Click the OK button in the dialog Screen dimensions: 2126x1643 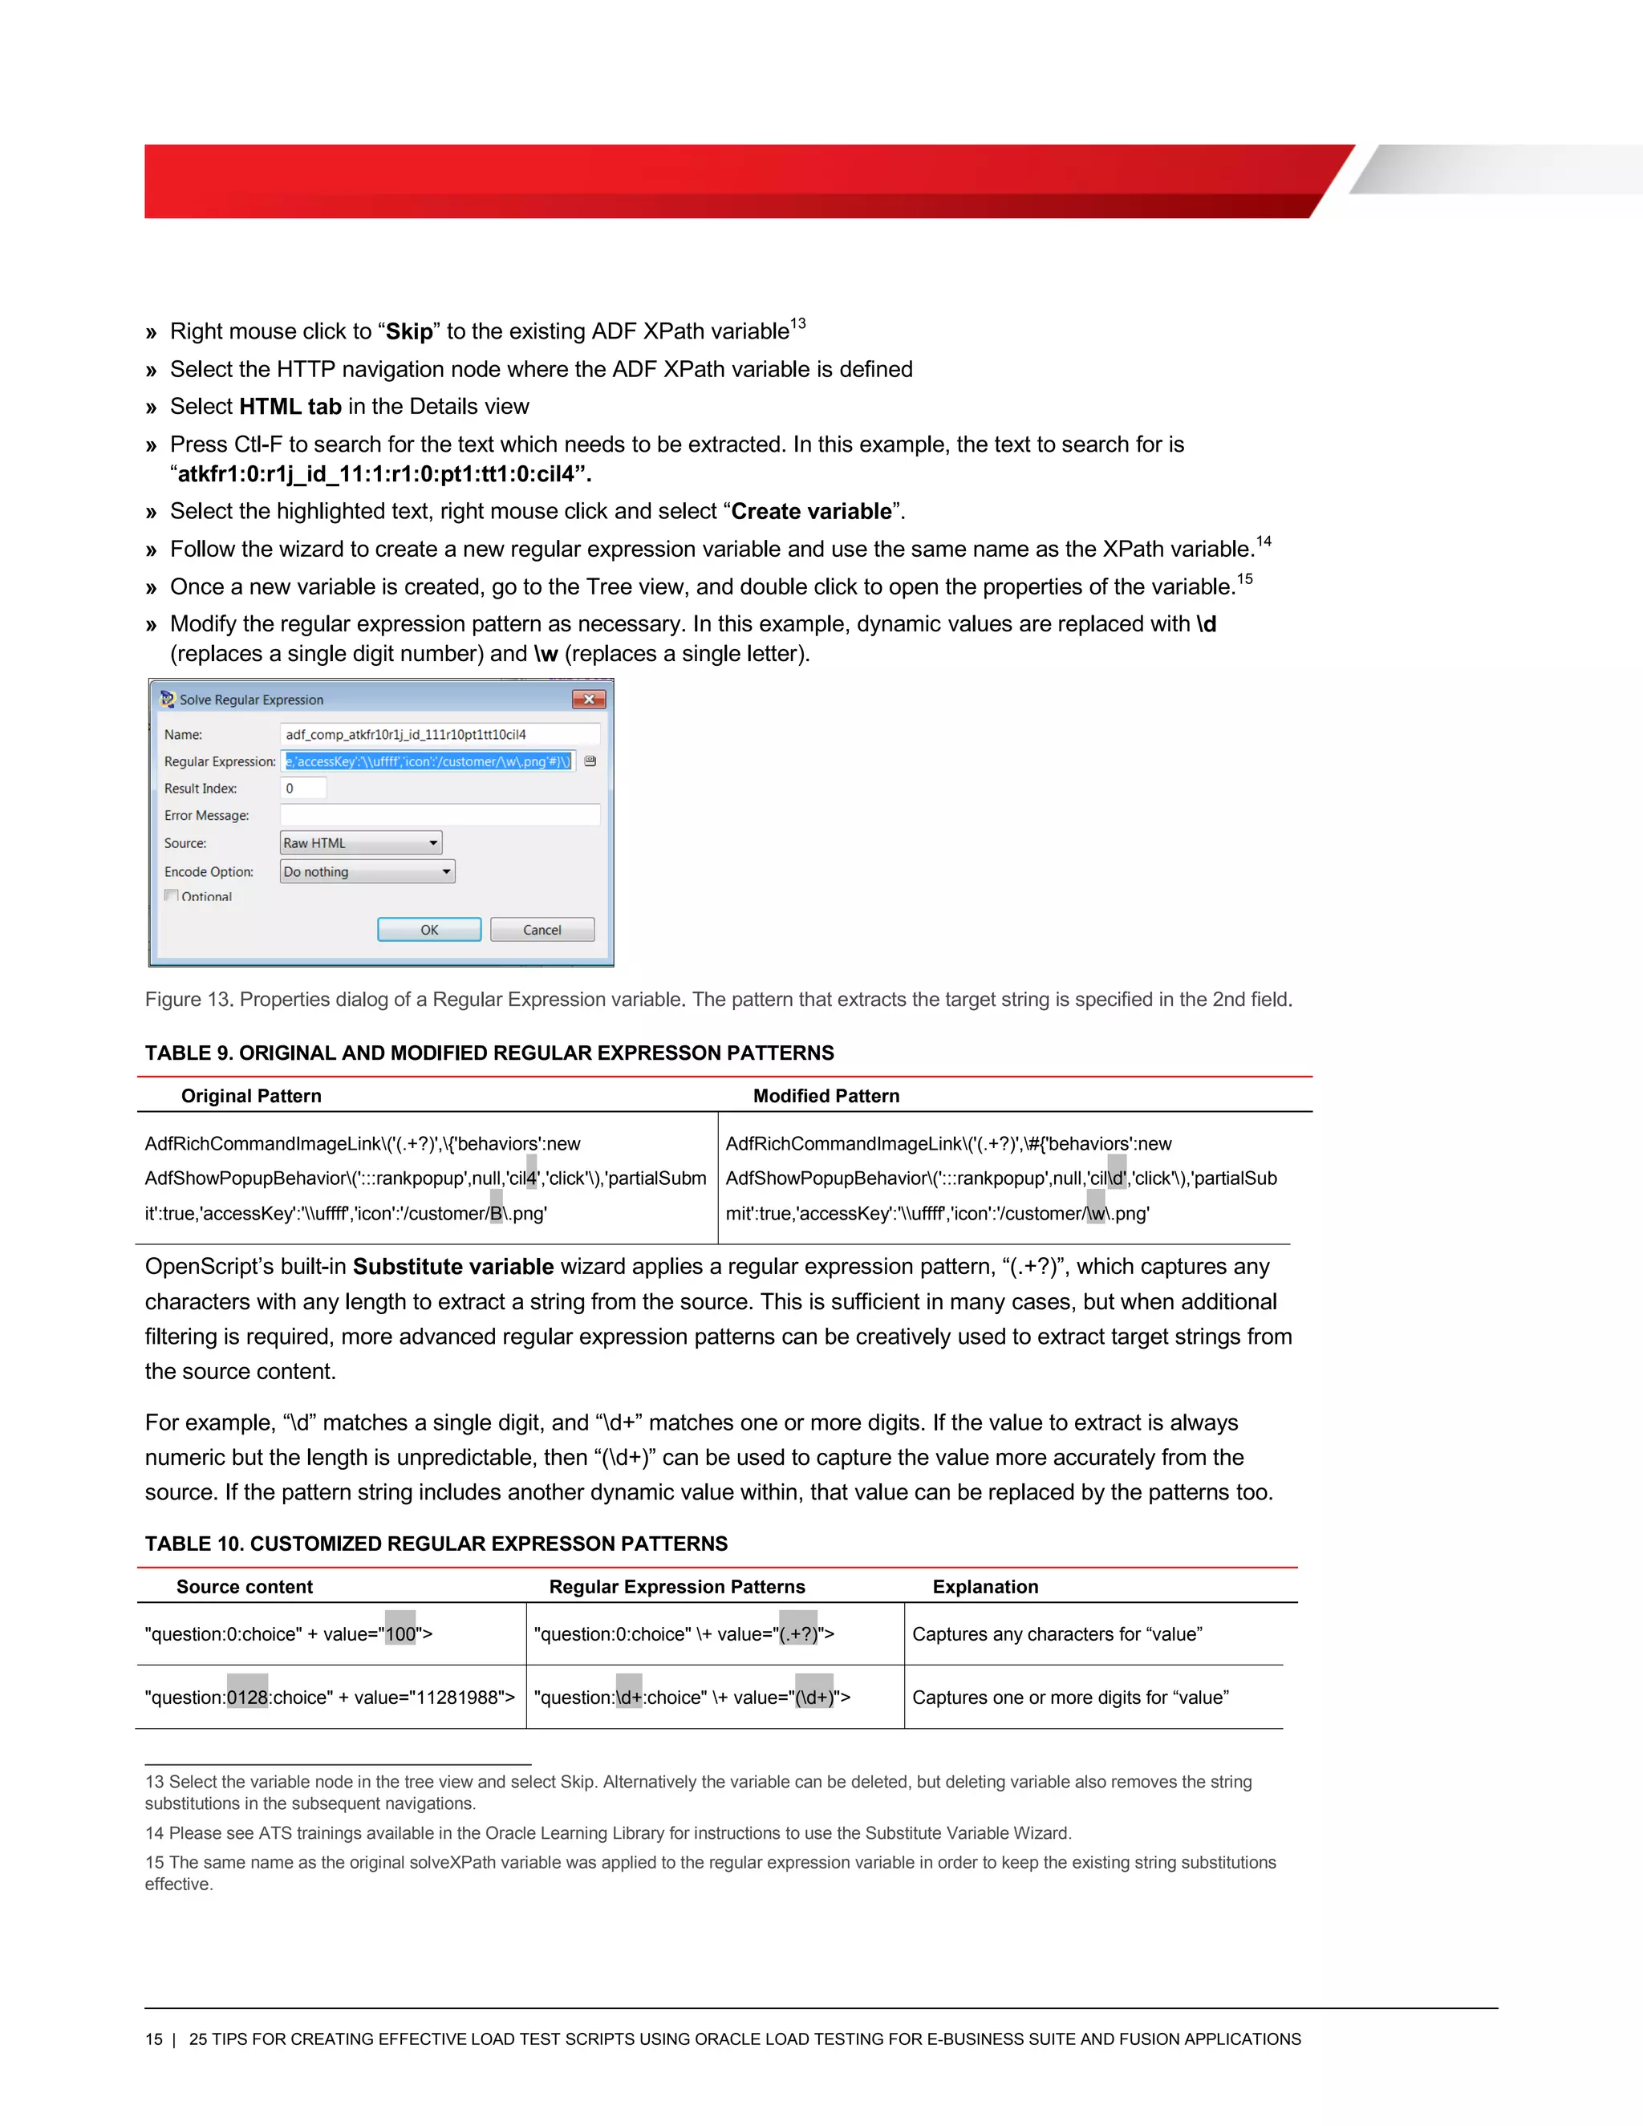point(429,930)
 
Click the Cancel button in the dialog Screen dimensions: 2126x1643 point(542,930)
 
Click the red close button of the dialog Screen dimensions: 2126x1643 point(588,699)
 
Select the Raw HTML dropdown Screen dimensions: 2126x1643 point(361,843)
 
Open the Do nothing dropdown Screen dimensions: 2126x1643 point(367,871)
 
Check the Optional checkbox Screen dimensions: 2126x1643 point(172,895)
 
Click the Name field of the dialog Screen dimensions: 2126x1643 point(439,734)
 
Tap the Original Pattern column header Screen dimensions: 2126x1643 point(251,1095)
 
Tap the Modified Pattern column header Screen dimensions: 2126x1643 point(826,1095)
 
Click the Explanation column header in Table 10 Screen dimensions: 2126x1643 point(985,1586)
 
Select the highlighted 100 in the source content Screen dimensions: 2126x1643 point(400,1633)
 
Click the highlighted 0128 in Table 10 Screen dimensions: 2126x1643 point(247,1697)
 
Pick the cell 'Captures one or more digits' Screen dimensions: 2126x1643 point(1069,1697)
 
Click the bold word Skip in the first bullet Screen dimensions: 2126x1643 point(409,332)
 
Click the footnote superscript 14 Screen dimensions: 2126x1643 point(1264,542)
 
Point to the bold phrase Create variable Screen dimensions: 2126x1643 point(811,511)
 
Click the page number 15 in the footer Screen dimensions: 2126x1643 point(154,2039)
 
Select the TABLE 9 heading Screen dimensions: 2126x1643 point(489,1053)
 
